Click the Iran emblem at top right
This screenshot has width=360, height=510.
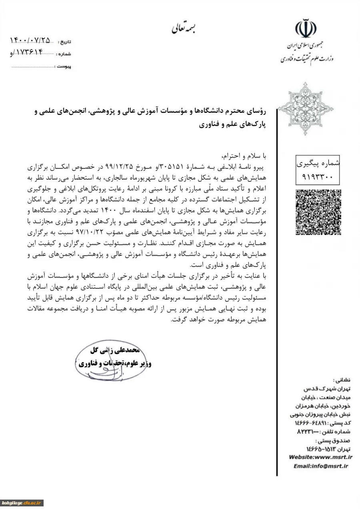(x=306, y=28)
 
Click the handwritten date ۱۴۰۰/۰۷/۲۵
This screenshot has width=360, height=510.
(x=30, y=40)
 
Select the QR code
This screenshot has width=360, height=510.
(x=318, y=212)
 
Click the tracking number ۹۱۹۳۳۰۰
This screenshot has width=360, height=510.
(x=318, y=175)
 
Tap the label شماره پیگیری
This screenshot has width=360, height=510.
(x=318, y=163)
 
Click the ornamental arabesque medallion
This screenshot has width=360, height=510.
(x=306, y=108)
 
